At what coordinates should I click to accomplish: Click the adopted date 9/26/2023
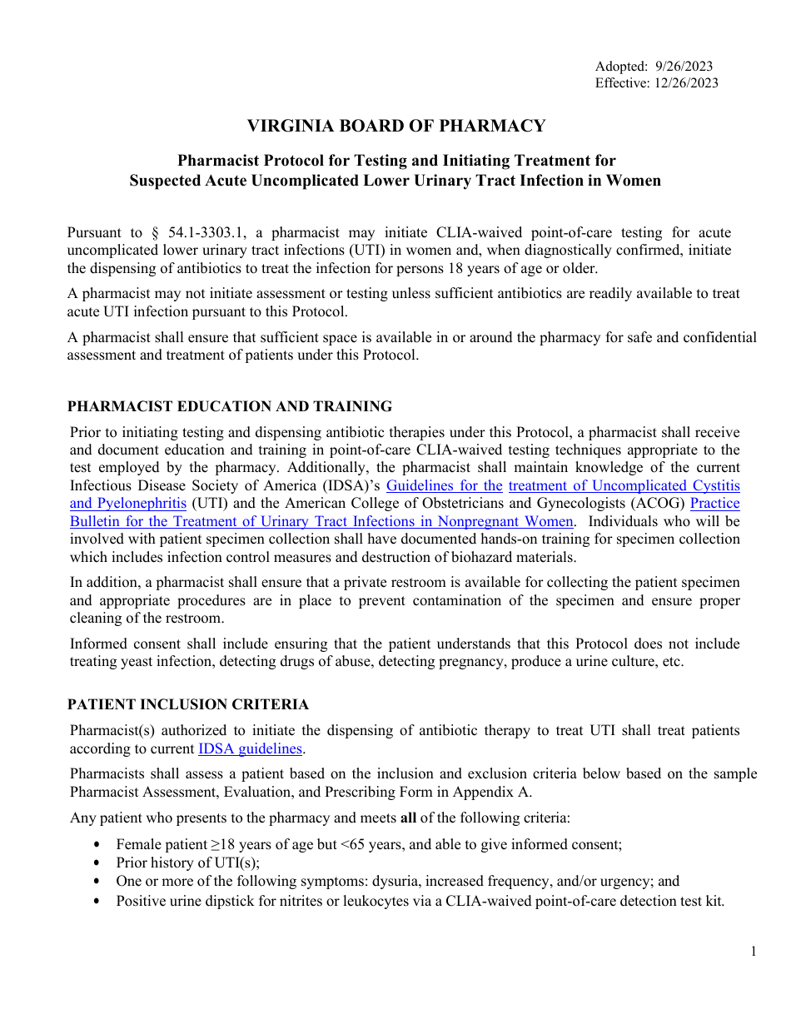pos(684,67)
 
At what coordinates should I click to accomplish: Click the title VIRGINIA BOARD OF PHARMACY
pos(395,126)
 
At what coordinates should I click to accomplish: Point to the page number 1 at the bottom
pos(754,952)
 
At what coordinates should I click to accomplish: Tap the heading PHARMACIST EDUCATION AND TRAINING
pos(229,406)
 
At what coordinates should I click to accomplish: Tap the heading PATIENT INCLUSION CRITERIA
pos(187,704)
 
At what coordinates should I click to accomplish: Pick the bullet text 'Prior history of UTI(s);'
pos(187,862)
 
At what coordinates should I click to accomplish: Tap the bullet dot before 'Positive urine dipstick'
pos(99,900)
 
